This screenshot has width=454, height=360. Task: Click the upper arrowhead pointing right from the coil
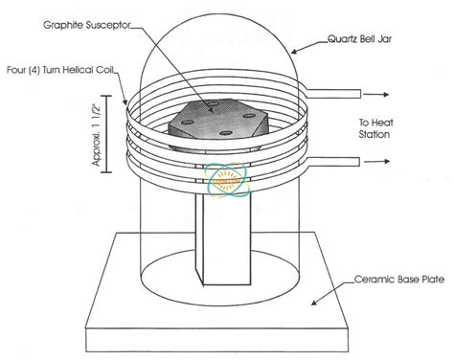(386, 95)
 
